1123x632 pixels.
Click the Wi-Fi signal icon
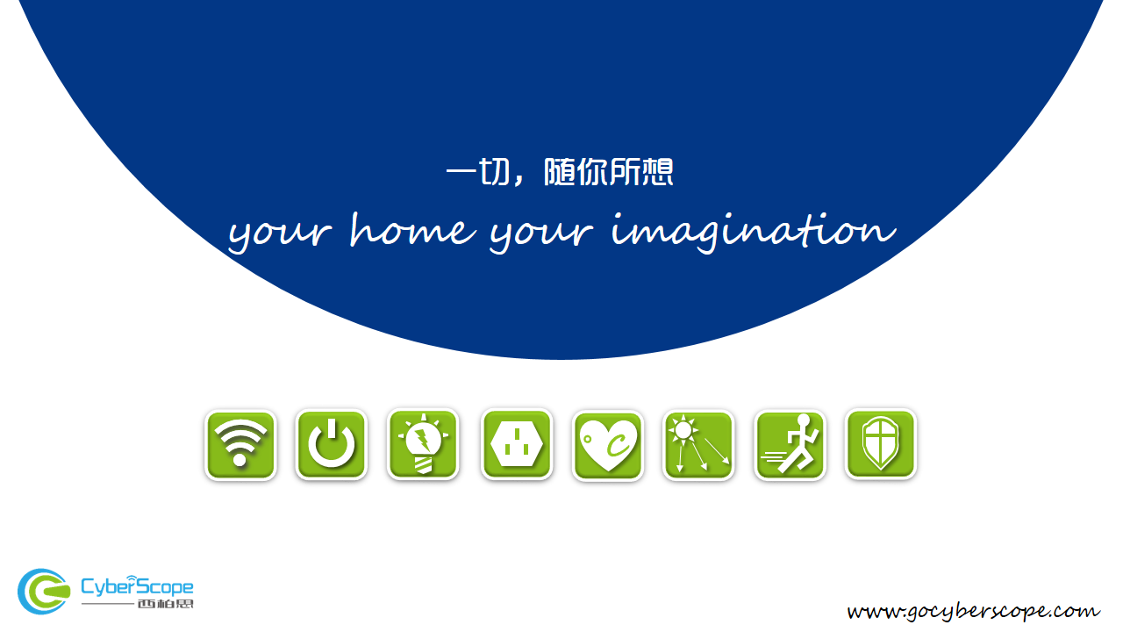(x=240, y=445)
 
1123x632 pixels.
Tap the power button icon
(x=332, y=445)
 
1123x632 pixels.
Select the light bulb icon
(x=423, y=445)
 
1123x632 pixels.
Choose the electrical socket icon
(x=517, y=445)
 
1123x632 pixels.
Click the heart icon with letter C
(x=608, y=445)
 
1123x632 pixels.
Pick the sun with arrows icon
(x=698, y=445)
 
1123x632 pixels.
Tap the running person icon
(x=790, y=445)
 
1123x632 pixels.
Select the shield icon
(x=881, y=445)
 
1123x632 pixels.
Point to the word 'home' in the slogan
(x=412, y=230)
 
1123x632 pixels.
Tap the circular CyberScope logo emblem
(x=44, y=592)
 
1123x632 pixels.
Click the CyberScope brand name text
(x=137, y=585)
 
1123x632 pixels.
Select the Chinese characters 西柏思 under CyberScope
(x=166, y=603)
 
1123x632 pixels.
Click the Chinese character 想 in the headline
(x=657, y=172)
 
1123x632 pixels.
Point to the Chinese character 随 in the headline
(x=560, y=172)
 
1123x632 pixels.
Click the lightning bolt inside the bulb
(x=424, y=440)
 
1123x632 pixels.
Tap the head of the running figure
(x=804, y=420)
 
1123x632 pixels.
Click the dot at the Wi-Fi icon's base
(x=240, y=460)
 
